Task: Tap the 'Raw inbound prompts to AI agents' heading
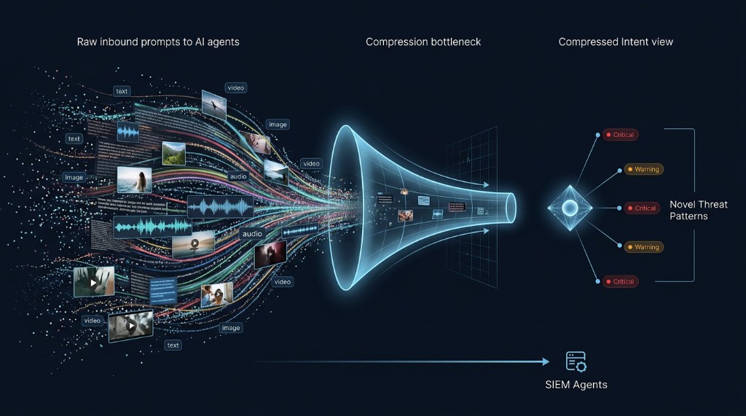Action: coord(158,42)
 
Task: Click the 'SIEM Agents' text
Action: coord(576,384)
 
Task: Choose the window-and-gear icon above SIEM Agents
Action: coord(576,361)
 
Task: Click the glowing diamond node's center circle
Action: coord(570,208)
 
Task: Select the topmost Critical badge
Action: coord(620,135)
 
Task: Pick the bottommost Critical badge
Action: coord(620,281)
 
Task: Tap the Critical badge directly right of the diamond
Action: coord(641,208)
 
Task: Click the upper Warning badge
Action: coord(643,170)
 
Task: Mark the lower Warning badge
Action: coord(643,247)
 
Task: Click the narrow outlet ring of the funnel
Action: coord(511,208)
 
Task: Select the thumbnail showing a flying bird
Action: coord(214,103)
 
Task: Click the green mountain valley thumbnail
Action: coord(173,152)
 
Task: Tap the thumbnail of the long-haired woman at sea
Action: coord(134,179)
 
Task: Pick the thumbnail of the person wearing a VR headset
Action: coord(270,255)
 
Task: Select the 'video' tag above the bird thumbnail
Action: coord(235,87)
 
